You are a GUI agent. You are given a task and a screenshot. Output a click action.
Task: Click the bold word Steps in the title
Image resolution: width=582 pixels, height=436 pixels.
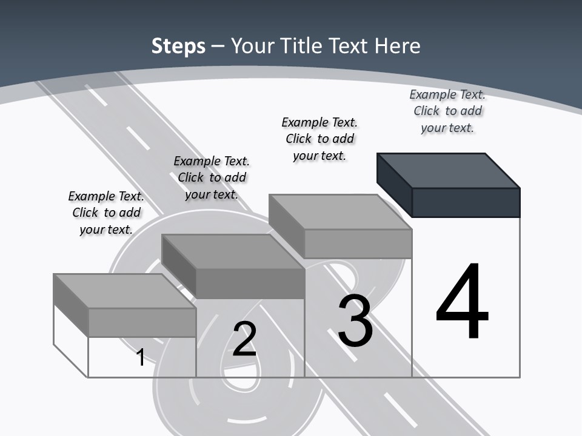click(x=178, y=46)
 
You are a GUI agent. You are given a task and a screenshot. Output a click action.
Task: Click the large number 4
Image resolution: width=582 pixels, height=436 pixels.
click(x=462, y=302)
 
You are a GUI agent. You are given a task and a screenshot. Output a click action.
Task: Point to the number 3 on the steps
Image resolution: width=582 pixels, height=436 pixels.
click(x=355, y=321)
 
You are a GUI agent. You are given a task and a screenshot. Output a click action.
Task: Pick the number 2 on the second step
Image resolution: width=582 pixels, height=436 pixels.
click(x=244, y=339)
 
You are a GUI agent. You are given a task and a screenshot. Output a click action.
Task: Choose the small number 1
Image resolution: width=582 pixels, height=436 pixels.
click(x=141, y=357)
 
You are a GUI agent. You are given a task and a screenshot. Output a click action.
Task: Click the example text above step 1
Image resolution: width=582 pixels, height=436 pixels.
click(x=106, y=213)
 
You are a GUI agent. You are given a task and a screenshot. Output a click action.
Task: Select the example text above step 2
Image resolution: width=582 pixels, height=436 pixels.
click(x=212, y=177)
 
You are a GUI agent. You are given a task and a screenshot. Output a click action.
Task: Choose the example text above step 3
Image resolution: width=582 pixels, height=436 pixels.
click(x=319, y=139)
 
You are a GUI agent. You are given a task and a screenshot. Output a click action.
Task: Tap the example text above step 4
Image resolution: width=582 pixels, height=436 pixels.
click(x=447, y=111)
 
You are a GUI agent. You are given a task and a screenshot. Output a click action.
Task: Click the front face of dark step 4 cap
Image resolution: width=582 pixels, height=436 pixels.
click(x=466, y=202)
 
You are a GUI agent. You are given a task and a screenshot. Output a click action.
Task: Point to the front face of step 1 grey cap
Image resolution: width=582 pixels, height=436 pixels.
click(x=142, y=322)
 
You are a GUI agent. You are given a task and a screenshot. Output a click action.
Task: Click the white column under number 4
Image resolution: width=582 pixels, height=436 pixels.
click(x=466, y=357)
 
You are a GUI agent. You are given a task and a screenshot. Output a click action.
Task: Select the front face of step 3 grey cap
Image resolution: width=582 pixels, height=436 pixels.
click(x=358, y=243)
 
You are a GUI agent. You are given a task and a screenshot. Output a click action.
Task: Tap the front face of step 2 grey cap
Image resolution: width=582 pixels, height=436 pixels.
click(x=250, y=283)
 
